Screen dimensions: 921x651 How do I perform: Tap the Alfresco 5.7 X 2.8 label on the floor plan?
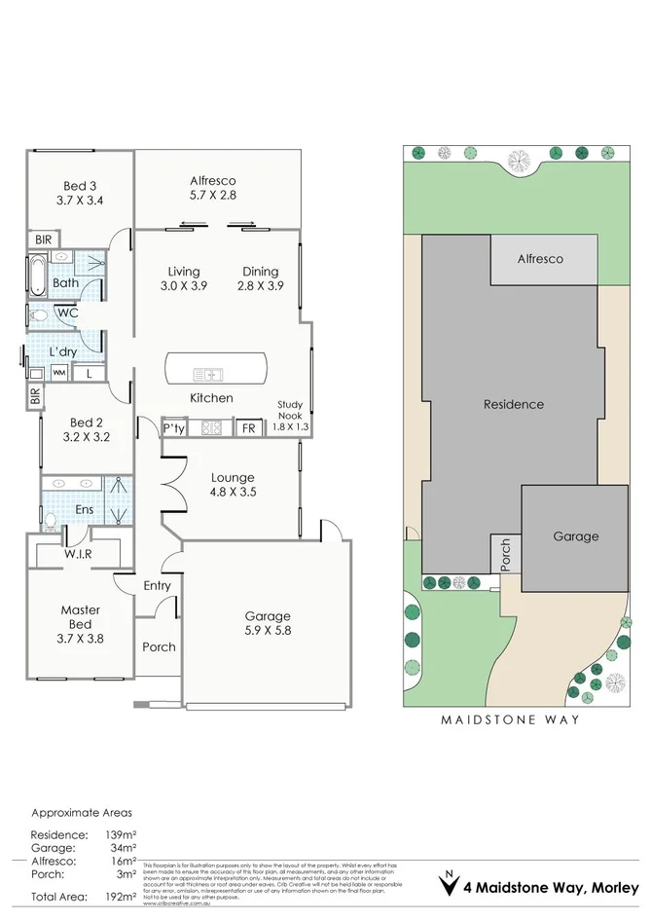(213, 187)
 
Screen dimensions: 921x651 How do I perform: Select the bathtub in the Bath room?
(36, 276)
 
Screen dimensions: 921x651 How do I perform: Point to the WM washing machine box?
(59, 372)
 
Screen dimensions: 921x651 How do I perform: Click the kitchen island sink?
(209, 374)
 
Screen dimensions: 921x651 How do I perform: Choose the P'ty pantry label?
(174, 427)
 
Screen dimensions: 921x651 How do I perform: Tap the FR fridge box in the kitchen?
(248, 427)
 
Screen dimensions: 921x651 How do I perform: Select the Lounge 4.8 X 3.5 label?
(233, 485)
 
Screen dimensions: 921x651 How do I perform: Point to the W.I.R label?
(78, 554)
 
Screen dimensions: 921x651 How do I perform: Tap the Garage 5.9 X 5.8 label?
(268, 623)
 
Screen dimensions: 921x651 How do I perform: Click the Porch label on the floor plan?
(159, 646)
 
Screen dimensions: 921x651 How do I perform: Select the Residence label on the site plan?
(514, 404)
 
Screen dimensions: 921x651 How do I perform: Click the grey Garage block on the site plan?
(575, 536)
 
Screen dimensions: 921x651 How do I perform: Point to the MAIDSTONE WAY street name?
(510, 720)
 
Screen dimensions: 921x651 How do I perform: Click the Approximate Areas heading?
(82, 812)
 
